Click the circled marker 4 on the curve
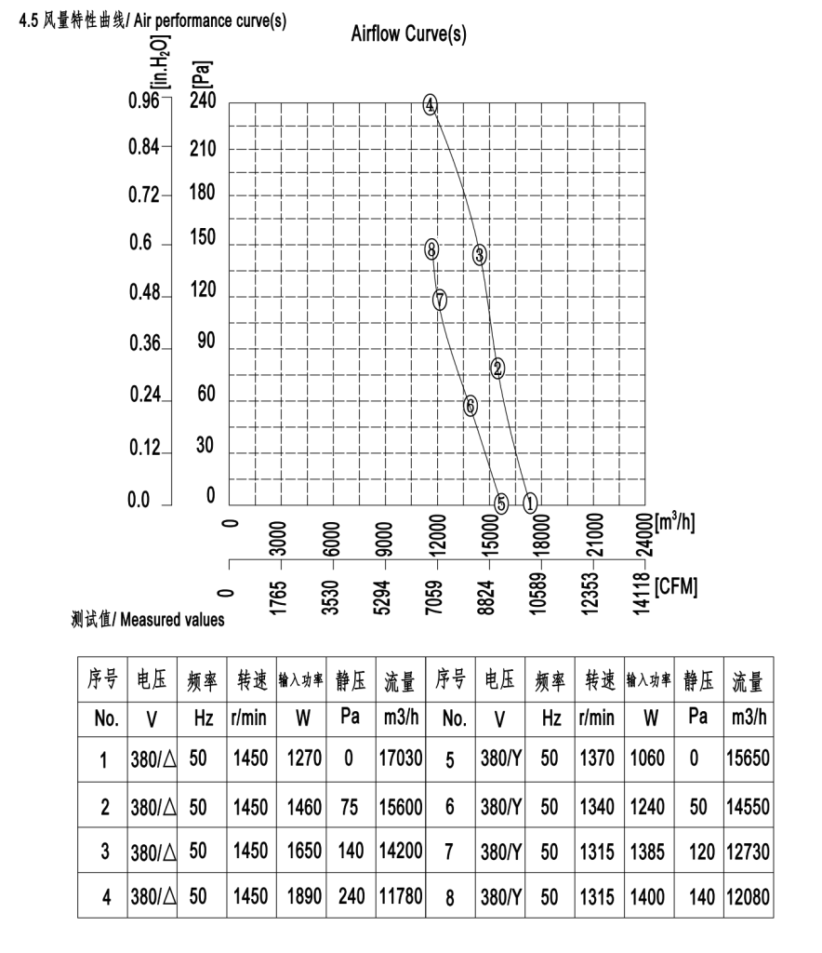[430, 104]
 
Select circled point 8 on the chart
[431, 248]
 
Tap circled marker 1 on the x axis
[530, 503]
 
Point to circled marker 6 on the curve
[471, 405]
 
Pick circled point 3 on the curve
[480, 254]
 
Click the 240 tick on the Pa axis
[203, 101]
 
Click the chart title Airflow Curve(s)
[409, 35]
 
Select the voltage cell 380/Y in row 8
[501, 897]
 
